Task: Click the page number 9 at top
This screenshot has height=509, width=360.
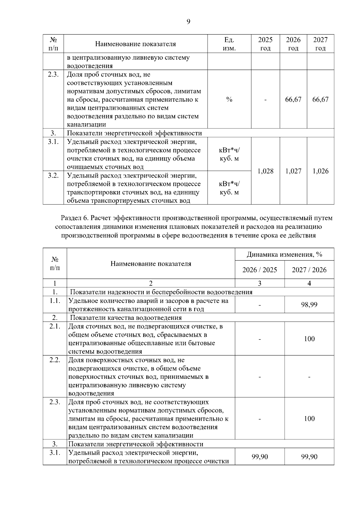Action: click(x=188, y=22)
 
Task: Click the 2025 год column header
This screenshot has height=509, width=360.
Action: click(x=265, y=44)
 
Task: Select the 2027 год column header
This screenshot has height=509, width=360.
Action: click(x=320, y=44)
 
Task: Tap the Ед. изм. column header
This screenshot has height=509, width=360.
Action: click(x=229, y=44)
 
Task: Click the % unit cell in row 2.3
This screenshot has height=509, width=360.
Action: click(x=229, y=100)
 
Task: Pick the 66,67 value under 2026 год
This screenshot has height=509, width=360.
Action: click(x=293, y=100)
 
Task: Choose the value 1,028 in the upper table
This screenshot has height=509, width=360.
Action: click(x=265, y=171)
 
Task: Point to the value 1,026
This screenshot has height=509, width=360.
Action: click(x=320, y=171)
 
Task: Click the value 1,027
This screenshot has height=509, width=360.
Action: click(x=293, y=171)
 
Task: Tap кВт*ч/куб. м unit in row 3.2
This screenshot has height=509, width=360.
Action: click(x=229, y=188)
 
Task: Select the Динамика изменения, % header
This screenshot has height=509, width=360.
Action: click(x=284, y=255)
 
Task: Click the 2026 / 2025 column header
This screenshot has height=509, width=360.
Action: click(x=259, y=270)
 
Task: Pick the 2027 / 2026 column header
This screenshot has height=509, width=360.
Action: click(x=309, y=270)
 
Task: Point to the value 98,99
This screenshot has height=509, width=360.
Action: click(x=309, y=305)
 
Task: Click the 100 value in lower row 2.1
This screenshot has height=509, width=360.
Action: click(x=309, y=339)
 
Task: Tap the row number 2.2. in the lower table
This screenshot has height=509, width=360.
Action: click(x=55, y=360)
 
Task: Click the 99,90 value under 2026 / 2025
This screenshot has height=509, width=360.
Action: click(x=259, y=457)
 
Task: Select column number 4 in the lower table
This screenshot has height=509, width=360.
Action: click(x=309, y=283)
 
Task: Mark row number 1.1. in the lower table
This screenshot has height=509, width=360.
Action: click(x=55, y=301)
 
